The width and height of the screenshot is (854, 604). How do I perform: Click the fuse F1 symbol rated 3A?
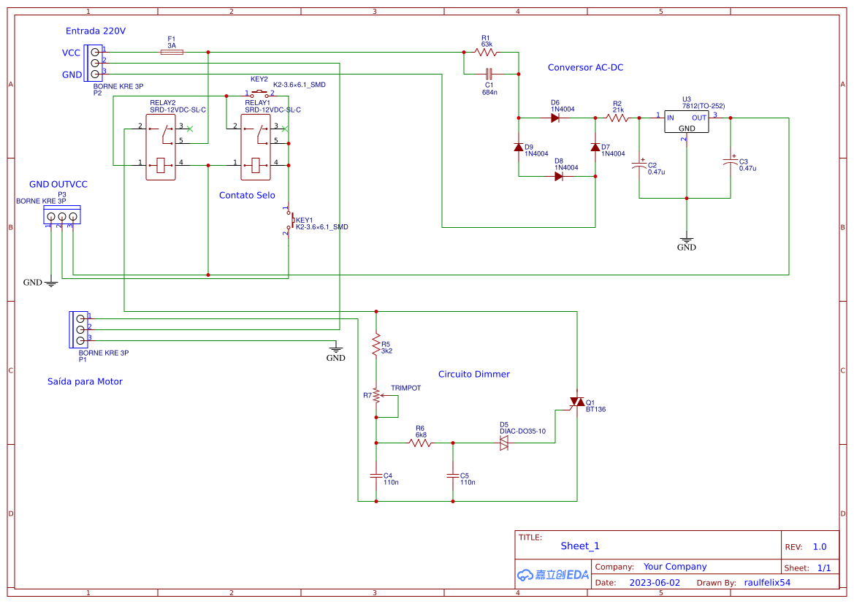coord(172,52)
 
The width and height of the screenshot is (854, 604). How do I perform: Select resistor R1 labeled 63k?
coord(486,52)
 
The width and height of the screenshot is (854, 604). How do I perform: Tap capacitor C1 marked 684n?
coord(489,74)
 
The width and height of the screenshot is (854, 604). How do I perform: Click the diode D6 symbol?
coord(555,118)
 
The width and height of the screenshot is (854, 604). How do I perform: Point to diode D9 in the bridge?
coord(519,148)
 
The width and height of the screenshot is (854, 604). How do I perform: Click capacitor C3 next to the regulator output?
coord(731,162)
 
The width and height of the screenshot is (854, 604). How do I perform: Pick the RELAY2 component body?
coord(161,147)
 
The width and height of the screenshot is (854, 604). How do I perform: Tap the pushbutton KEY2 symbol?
coord(259,93)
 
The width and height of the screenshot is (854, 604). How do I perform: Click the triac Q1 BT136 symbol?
coord(577,402)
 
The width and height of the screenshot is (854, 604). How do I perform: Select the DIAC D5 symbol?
coord(504,443)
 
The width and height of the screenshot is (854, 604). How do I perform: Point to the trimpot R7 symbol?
coord(376,395)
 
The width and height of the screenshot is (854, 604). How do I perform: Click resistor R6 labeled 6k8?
coord(420,443)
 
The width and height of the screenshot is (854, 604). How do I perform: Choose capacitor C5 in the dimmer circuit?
coord(453,475)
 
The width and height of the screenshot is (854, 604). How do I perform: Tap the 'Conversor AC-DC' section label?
coord(585,67)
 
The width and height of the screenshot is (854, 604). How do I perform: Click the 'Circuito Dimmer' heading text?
coord(473,374)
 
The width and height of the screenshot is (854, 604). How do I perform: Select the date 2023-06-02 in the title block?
coord(654,583)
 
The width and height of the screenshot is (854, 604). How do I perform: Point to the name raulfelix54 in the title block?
coord(767,583)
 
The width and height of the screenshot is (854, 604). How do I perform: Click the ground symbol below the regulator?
coord(687,240)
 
